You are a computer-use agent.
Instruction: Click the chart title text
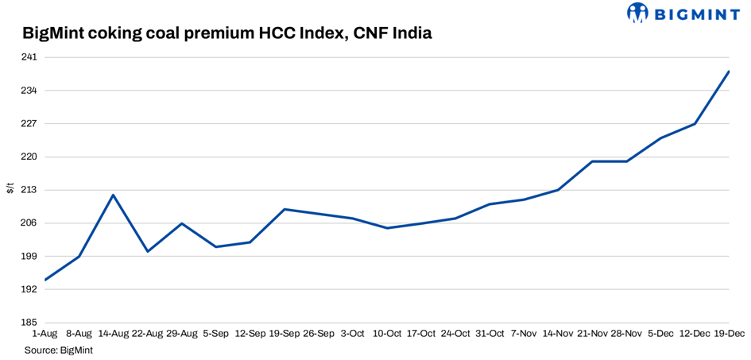point(226,33)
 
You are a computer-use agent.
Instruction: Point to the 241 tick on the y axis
point(29,57)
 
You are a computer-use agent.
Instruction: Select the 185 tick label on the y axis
point(29,323)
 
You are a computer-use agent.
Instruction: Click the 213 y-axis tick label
point(29,190)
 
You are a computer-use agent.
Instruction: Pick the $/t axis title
point(10,188)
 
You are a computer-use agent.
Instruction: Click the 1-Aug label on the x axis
point(44,334)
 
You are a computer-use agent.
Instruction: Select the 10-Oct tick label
point(387,334)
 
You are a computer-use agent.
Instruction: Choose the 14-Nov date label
point(558,334)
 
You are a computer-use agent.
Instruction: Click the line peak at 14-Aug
point(114,195)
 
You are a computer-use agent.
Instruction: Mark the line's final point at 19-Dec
point(729,72)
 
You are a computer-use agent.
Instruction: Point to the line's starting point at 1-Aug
point(45,280)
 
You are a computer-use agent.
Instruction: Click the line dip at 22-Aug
point(148,251)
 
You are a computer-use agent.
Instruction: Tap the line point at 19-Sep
point(285,209)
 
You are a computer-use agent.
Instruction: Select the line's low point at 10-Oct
point(387,228)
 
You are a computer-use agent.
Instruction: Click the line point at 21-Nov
point(592,161)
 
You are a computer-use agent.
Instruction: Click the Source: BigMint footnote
point(58,350)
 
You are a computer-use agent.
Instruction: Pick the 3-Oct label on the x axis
point(353,334)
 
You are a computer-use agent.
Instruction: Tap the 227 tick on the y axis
point(29,123)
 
